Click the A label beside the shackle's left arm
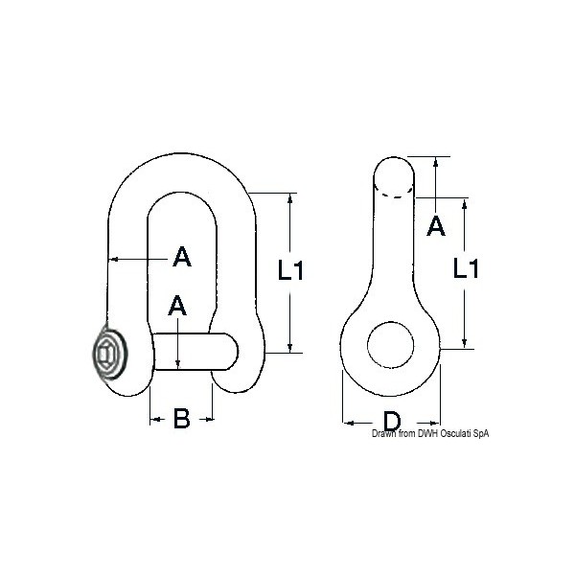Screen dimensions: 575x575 click(x=181, y=257)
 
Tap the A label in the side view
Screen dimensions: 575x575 click(x=435, y=227)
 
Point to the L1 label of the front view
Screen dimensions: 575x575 click(x=290, y=271)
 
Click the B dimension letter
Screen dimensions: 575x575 click(x=180, y=419)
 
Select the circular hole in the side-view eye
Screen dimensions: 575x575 click(x=391, y=343)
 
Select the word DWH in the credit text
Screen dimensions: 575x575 click(x=417, y=434)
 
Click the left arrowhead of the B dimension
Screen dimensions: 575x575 click(x=153, y=419)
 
